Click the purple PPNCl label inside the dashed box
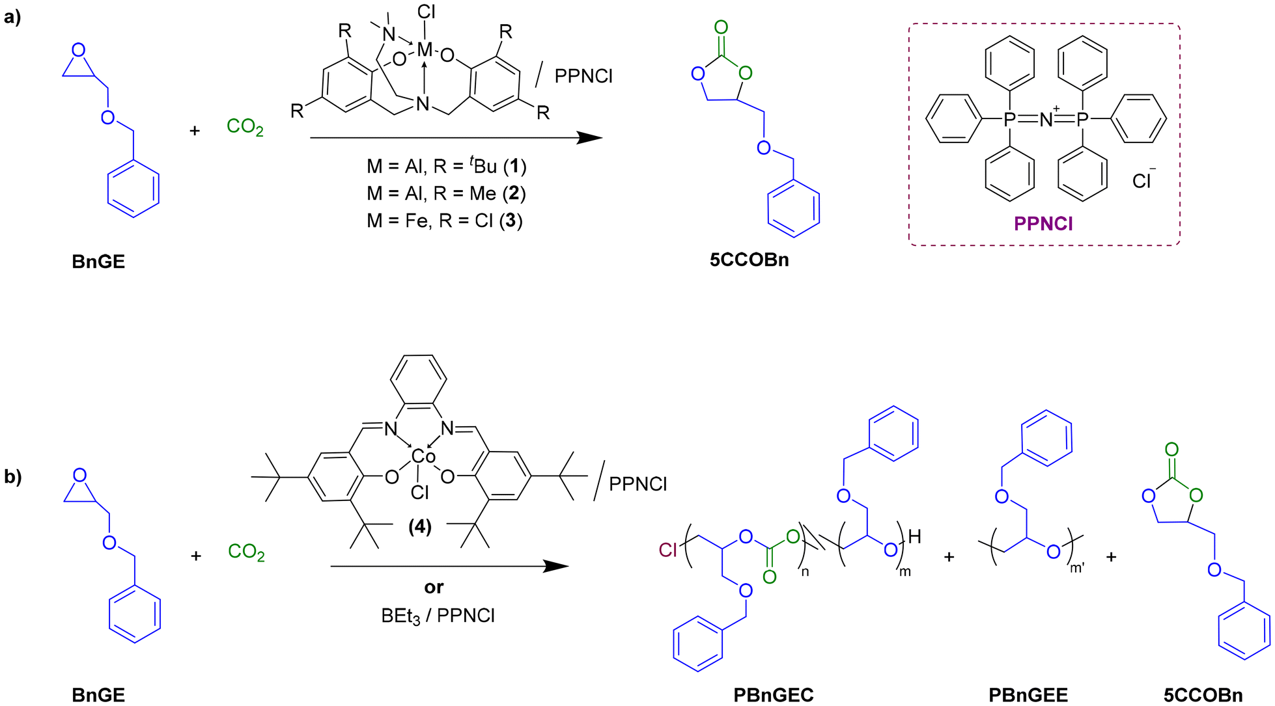tap(1043, 224)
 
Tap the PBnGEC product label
tap(773, 695)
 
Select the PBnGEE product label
tap(1028, 695)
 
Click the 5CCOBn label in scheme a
tap(749, 260)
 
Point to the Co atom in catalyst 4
tap(423, 457)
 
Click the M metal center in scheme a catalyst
tap(425, 49)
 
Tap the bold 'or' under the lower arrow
tap(434, 587)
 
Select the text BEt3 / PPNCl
tap(438, 616)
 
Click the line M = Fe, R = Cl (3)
tap(445, 221)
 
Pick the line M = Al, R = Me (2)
tap(446, 193)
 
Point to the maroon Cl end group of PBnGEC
tap(668, 550)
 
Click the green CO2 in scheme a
tap(245, 126)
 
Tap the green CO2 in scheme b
tap(246, 552)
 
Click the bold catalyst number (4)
tap(420, 526)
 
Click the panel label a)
tap(12, 17)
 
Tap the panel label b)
tap(12, 476)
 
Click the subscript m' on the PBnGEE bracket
tap(1077, 568)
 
